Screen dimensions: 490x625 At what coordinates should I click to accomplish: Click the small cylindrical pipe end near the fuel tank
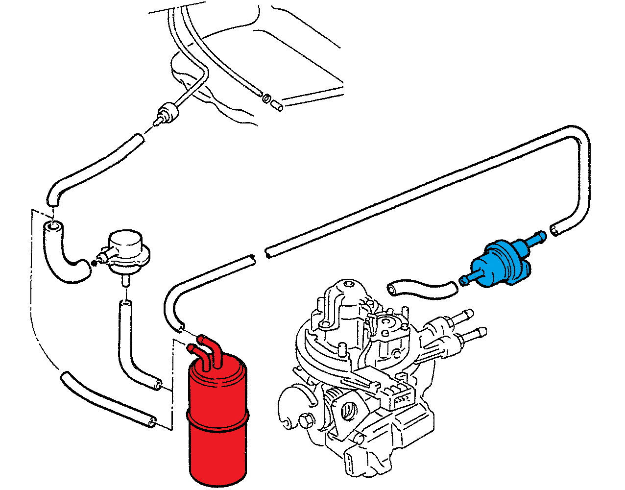[x=277, y=104]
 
